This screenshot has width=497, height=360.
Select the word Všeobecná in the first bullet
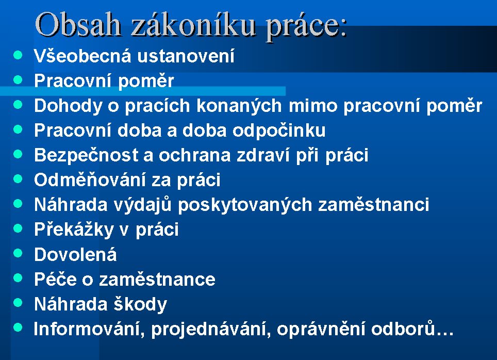(82, 56)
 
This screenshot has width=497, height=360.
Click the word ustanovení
(186, 56)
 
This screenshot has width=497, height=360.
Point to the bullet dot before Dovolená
(18, 253)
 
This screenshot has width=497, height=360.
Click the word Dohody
(68, 106)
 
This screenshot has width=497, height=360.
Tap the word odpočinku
(279, 130)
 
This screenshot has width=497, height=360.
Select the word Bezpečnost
(86, 155)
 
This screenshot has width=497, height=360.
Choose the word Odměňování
(90, 180)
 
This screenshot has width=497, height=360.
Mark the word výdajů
(142, 205)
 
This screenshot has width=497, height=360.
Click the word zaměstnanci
(374, 205)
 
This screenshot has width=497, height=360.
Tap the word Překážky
(74, 230)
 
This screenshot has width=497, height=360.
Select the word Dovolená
(75, 254)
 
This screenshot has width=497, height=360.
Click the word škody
(140, 304)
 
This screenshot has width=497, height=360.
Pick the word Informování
(87, 329)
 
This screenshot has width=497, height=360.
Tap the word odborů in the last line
(403, 329)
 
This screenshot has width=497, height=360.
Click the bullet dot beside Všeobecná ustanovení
(18, 55)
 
